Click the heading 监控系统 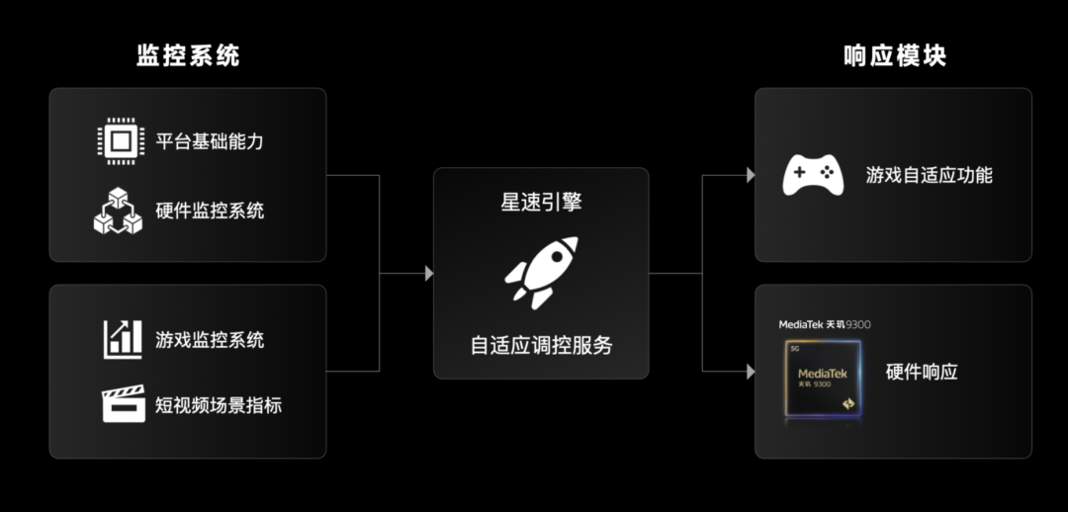point(188,55)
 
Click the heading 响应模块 point(895,55)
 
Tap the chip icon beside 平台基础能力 point(120,140)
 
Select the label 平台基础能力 point(210,141)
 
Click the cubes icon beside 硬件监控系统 point(118,210)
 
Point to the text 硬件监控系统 point(210,211)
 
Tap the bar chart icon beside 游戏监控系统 point(123,339)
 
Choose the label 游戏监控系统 point(210,340)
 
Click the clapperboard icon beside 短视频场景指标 point(123,404)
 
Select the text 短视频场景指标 point(219,405)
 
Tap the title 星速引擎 point(541,203)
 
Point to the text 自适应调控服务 point(541,345)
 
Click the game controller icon point(813,176)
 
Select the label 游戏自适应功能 point(929,176)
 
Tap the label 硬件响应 point(922,372)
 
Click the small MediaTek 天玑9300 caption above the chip point(825,324)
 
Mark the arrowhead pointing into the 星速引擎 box point(429,273)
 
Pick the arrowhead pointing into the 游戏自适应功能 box point(751,176)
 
